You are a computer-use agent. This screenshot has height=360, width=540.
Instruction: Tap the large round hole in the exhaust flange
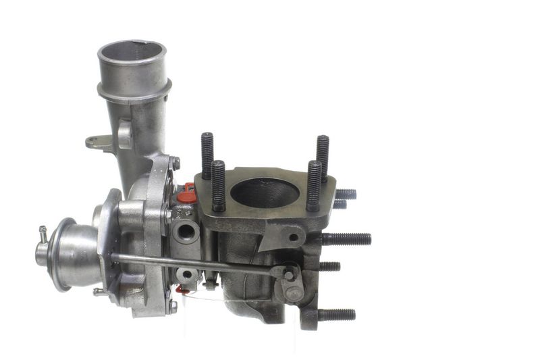265,193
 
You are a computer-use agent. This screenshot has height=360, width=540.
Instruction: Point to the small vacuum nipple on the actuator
43,234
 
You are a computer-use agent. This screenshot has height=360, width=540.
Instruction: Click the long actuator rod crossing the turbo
196,264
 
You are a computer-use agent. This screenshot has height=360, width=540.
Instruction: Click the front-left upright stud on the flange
218,186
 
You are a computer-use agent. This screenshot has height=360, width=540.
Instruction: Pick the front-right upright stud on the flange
314,185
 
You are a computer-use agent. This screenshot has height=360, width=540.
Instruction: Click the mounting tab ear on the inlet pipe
98,142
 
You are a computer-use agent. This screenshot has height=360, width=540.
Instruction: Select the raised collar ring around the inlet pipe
134,90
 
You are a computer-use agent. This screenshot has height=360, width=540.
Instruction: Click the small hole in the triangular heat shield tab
292,237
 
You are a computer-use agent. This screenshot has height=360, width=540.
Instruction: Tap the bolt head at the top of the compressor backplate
175,163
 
